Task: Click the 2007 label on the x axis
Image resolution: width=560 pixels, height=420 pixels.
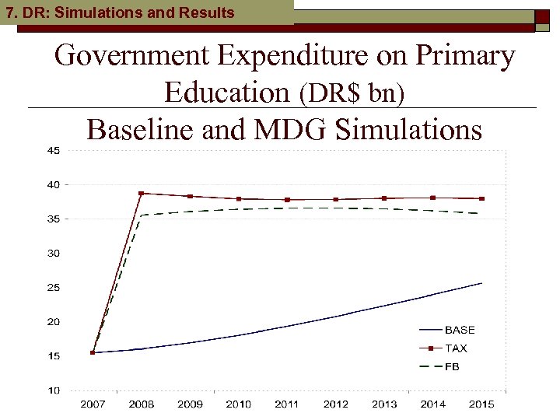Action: click(x=93, y=404)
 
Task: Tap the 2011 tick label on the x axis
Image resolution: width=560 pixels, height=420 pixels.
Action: click(x=287, y=404)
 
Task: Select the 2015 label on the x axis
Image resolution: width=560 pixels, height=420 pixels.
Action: click(x=481, y=404)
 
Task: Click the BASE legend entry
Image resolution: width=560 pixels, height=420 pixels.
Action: click(x=460, y=331)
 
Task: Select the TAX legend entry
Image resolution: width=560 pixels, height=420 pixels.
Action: click(x=456, y=348)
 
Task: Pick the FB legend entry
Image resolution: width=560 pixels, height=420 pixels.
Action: click(x=452, y=366)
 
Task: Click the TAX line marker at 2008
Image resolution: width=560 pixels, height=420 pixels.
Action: click(x=142, y=194)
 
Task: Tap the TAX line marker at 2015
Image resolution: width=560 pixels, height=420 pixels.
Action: click(x=481, y=198)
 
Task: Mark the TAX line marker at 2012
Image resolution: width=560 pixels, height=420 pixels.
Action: click(x=336, y=199)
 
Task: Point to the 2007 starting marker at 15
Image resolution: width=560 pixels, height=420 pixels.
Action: click(x=93, y=352)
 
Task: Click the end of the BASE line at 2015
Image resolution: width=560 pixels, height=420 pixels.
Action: click(x=481, y=283)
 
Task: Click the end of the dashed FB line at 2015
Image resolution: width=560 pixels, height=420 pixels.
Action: click(x=481, y=213)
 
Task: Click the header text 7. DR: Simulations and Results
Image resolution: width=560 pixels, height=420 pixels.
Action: click(x=120, y=12)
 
